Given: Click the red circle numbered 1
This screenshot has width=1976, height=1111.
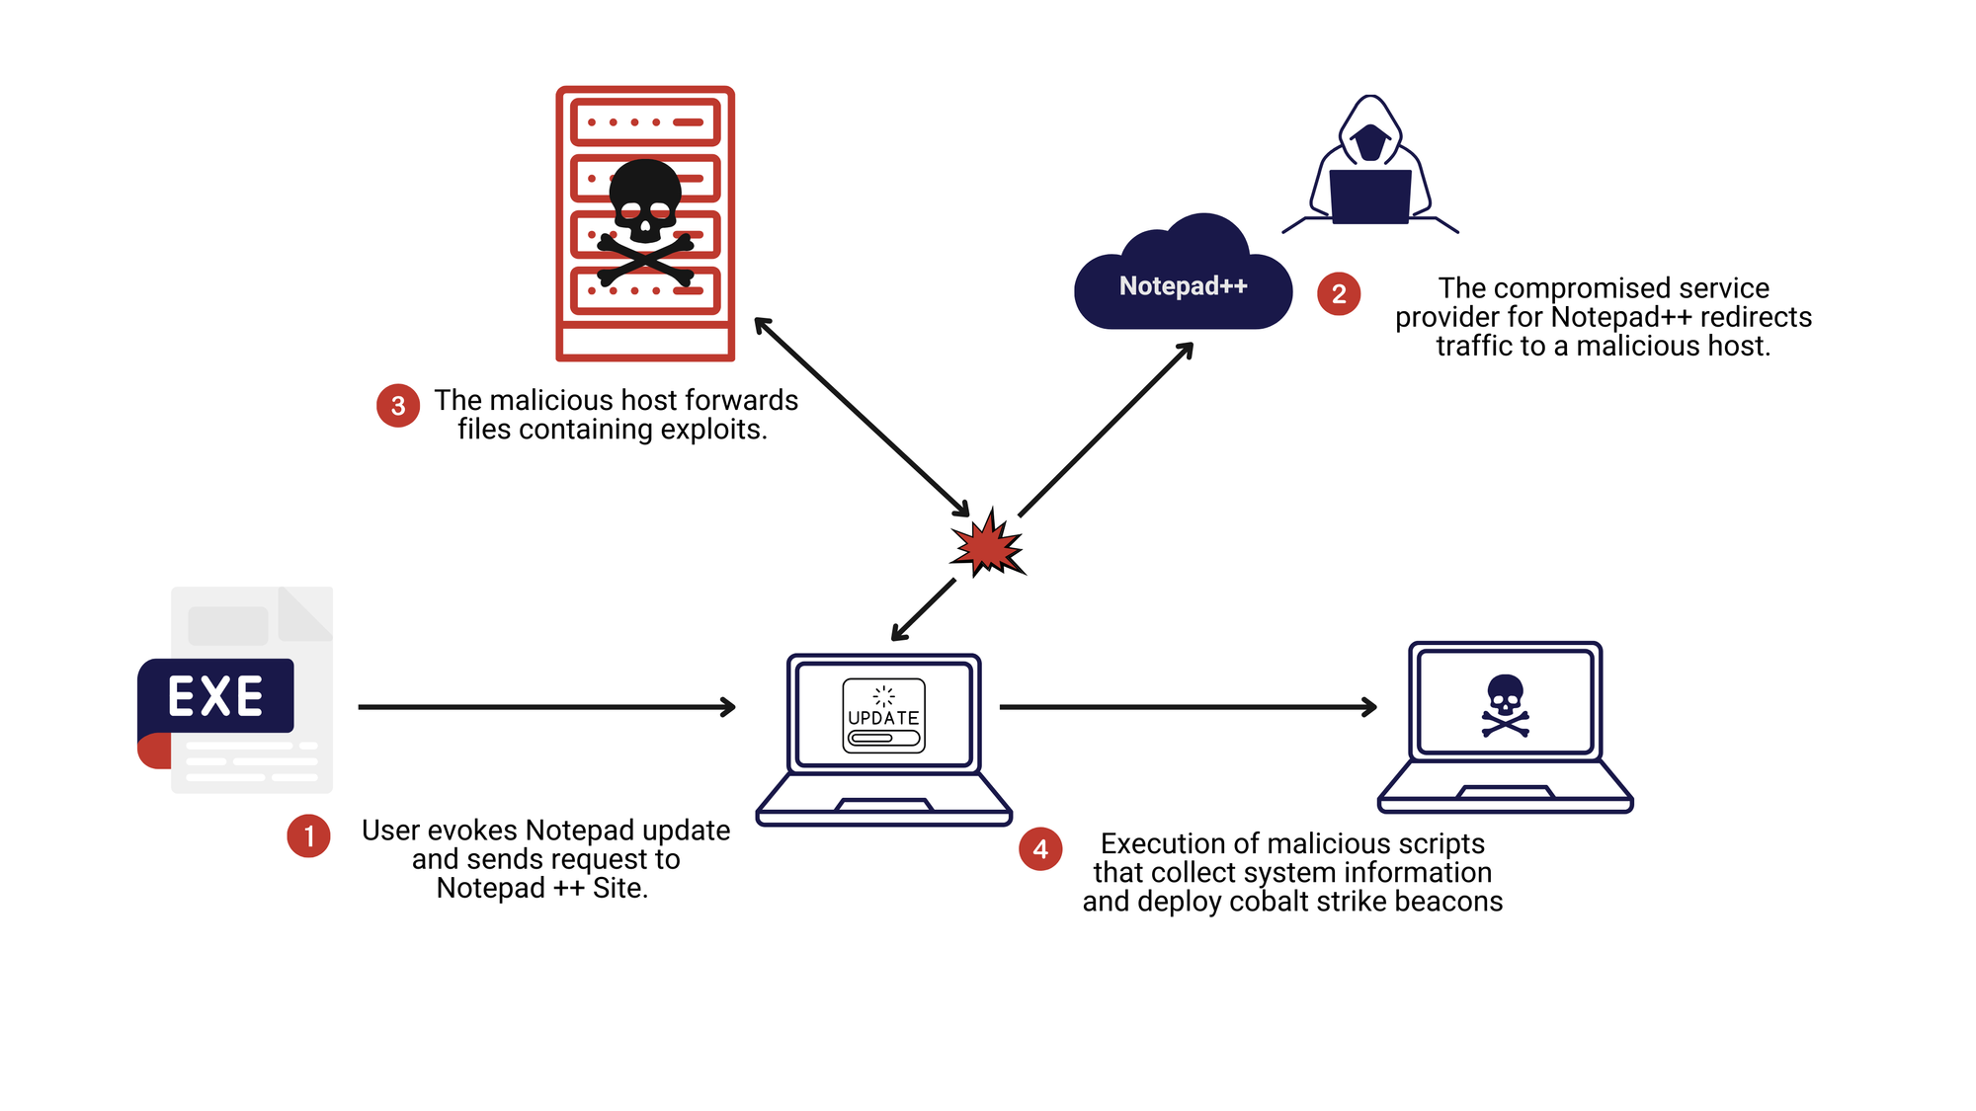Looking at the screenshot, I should coord(308,836).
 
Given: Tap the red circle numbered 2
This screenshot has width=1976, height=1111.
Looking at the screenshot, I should coord(1339,293).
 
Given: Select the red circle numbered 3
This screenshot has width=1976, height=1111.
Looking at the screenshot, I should coord(398,405).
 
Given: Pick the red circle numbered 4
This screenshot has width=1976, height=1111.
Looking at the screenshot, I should coord(1040,849).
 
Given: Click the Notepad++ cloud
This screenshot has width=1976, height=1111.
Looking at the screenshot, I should coord(1183,281).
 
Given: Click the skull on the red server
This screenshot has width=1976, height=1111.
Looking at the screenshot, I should coord(645,202).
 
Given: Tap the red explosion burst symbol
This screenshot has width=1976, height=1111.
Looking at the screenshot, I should coord(987,544).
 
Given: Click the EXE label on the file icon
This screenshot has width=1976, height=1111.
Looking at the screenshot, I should coord(215,696).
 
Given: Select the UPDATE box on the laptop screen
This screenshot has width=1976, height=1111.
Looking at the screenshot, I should coord(883,716).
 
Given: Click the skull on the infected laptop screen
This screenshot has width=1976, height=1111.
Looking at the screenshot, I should coord(1505,704).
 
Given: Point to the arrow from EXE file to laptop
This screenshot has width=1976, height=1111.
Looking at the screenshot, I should coord(546,707).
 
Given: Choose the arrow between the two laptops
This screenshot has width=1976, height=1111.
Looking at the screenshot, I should coord(1188,707).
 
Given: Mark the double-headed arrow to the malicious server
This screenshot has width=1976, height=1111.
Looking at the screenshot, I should coord(862,417).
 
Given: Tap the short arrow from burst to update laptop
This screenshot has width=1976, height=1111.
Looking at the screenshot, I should coord(924,609).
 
